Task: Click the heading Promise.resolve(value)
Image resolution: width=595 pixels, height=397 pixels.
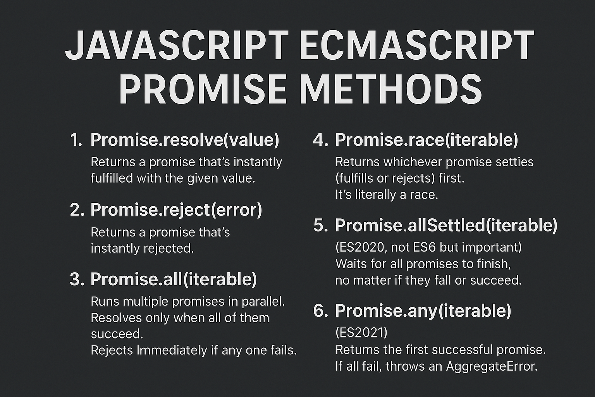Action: click(x=184, y=140)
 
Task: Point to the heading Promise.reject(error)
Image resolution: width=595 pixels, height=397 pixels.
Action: click(x=176, y=210)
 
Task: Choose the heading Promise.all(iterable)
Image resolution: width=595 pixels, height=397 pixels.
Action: click(x=173, y=279)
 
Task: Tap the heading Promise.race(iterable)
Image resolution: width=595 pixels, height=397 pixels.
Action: click(x=426, y=140)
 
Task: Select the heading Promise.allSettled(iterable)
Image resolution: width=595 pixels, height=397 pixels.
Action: click(x=446, y=225)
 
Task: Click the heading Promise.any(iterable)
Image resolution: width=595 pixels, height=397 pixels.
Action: click(x=423, y=311)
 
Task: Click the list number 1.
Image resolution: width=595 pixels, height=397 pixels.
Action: click(x=76, y=140)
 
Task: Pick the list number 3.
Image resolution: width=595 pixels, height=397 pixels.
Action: click(x=76, y=280)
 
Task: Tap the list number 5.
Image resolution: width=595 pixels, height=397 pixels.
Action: click(x=320, y=226)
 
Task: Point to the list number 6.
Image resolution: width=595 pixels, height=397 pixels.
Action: click(x=320, y=311)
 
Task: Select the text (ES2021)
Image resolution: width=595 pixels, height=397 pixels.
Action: click(x=361, y=332)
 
